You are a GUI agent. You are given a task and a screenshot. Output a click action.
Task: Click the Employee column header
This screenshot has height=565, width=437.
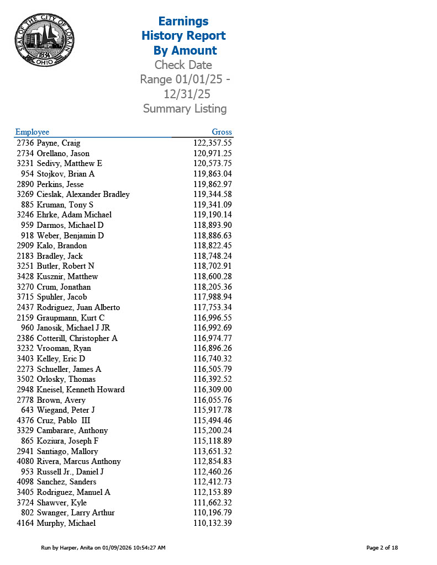(x=32, y=132)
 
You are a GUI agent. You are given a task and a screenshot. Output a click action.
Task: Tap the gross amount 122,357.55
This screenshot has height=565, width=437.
(x=212, y=143)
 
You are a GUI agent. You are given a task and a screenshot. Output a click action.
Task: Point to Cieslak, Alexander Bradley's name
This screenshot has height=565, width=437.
(x=83, y=194)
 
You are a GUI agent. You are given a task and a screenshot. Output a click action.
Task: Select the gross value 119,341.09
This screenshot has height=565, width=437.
(x=212, y=205)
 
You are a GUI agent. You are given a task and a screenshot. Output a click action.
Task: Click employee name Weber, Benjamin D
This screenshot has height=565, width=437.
(x=70, y=236)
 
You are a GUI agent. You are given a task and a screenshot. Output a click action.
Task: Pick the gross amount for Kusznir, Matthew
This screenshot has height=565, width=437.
(x=212, y=276)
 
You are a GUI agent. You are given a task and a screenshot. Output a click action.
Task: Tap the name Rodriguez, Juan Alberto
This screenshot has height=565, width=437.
(x=78, y=307)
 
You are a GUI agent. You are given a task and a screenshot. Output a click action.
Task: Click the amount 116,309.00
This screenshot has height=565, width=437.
(x=212, y=390)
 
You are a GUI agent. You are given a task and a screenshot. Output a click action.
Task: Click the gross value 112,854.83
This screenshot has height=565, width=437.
(x=212, y=461)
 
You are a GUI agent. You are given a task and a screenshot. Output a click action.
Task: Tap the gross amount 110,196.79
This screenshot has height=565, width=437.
(x=212, y=513)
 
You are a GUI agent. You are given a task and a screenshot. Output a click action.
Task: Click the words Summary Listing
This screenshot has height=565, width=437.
(x=185, y=109)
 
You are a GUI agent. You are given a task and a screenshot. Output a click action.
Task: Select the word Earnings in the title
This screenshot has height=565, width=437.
(x=183, y=22)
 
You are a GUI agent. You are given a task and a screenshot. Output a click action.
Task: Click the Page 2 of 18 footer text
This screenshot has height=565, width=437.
(x=382, y=547)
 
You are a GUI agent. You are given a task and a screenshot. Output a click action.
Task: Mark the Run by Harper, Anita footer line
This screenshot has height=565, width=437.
(x=103, y=547)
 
